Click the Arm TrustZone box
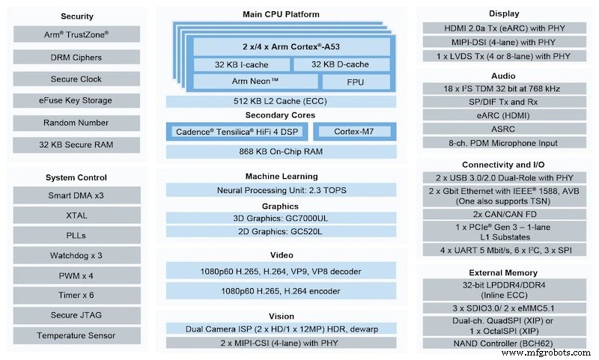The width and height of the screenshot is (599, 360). (77, 34)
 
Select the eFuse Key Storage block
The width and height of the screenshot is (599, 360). (77, 100)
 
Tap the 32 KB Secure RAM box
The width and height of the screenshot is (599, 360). (77, 144)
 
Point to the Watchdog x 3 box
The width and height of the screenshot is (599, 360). (77, 256)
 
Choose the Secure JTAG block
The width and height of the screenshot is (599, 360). (77, 315)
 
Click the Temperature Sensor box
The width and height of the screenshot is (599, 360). (77, 336)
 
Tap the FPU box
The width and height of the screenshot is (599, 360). (356, 82)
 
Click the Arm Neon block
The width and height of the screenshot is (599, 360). (255, 82)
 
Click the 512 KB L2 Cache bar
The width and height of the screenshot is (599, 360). (281, 101)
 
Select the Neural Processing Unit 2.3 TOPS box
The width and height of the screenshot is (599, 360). (281, 190)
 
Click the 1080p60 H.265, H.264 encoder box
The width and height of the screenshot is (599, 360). (281, 291)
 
